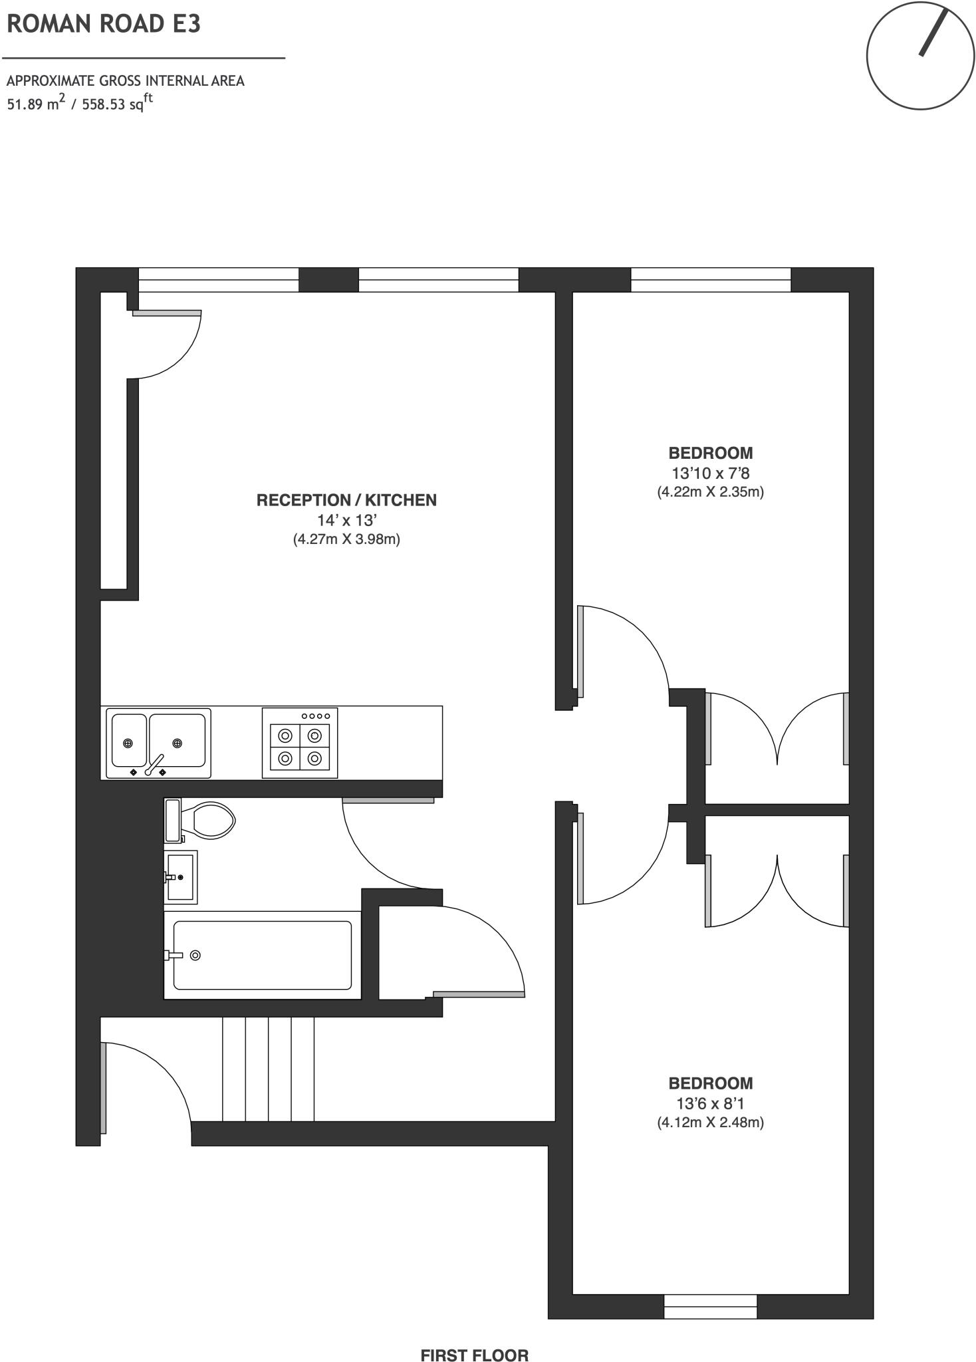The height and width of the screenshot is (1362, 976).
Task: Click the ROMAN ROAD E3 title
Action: coord(103,24)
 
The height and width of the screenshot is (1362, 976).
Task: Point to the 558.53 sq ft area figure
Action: coord(117,103)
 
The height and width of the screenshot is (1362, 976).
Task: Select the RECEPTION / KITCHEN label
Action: coord(346,500)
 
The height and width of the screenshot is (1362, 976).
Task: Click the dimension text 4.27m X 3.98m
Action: coord(346,539)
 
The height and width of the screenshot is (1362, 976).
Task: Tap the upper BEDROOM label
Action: coord(711,453)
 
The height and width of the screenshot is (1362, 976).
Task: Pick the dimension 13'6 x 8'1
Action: coord(711,1104)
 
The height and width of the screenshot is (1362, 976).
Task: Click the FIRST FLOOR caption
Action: coord(475,1337)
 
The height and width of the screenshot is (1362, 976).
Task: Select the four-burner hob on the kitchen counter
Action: coord(300,743)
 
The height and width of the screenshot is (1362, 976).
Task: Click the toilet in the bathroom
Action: coord(199,820)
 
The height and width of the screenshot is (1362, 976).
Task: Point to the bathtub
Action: coord(263,955)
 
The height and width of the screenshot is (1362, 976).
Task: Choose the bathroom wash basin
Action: coord(181,877)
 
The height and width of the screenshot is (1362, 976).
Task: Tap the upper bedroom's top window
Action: coord(711,280)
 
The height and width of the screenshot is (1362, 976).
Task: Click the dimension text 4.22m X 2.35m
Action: coord(711,492)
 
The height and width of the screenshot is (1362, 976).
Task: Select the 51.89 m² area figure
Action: coord(36,103)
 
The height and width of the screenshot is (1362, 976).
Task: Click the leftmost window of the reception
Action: coord(218,280)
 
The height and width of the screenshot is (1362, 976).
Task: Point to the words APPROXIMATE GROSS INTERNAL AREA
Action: coord(126,81)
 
